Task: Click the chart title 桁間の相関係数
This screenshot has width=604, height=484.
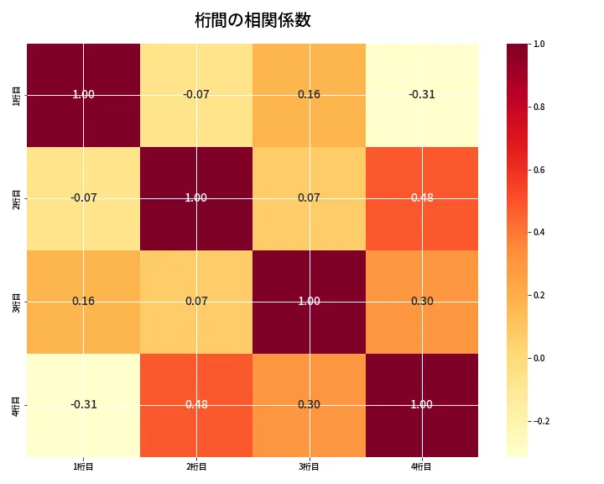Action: point(253,20)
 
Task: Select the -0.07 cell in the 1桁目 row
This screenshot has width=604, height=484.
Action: point(196,94)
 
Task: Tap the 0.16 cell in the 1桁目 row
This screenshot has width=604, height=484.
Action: point(309,94)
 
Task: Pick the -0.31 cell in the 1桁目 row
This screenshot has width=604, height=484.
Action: point(421,94)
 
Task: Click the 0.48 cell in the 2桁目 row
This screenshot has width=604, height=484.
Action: point(421,197)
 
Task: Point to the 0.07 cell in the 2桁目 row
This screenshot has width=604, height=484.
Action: point(309,197)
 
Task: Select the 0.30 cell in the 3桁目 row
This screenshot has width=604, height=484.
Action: point(421,301)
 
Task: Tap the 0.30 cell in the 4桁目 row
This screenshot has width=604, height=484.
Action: point(309,404)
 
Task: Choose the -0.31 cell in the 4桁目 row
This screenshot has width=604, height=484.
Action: point(84,404)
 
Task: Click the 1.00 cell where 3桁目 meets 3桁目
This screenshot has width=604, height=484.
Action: point(309,301)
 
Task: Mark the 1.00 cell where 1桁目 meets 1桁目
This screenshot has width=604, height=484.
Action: point(84,94)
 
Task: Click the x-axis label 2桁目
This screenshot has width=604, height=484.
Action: point(196,466)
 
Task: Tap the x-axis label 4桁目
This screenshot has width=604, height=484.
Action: point(421,466)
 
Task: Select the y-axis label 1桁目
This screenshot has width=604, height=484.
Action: point(17,95)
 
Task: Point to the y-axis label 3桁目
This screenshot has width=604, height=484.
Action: point(17,302)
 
